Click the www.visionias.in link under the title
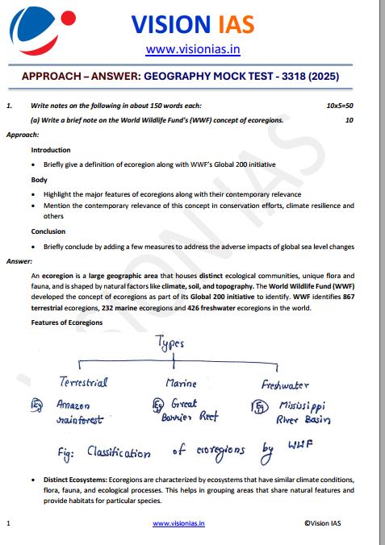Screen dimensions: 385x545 pyautogui.click(x=193, y=50)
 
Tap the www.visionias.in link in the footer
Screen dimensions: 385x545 pyautogui.click(x=178, y=523)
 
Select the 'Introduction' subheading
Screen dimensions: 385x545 pyautogui.click(x=50, y=150)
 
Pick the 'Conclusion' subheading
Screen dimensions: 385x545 pyautogui.click(x=48, y=231)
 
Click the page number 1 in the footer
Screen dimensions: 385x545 pyautogui.click(x=7, y=523)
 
